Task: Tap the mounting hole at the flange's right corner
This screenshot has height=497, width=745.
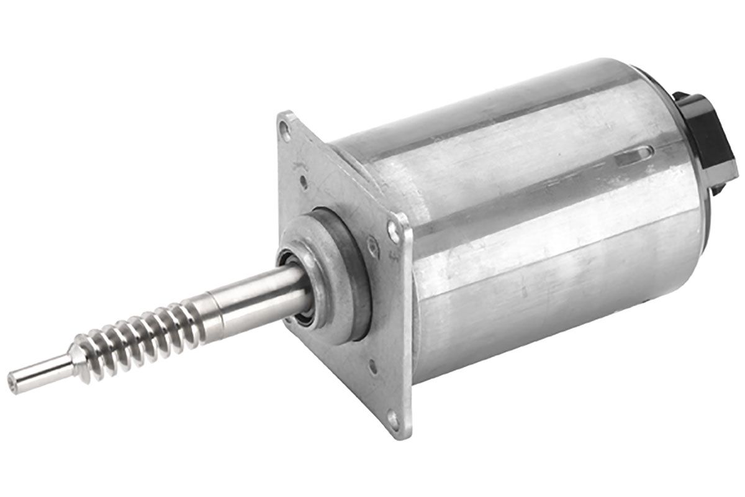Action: [393, 231]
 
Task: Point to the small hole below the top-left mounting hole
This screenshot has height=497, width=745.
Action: [303, 182]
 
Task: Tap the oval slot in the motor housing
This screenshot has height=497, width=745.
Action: [634, 155]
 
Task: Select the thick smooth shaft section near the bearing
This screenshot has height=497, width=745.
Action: [255, 298]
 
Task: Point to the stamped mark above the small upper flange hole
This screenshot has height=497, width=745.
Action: [297, 165]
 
